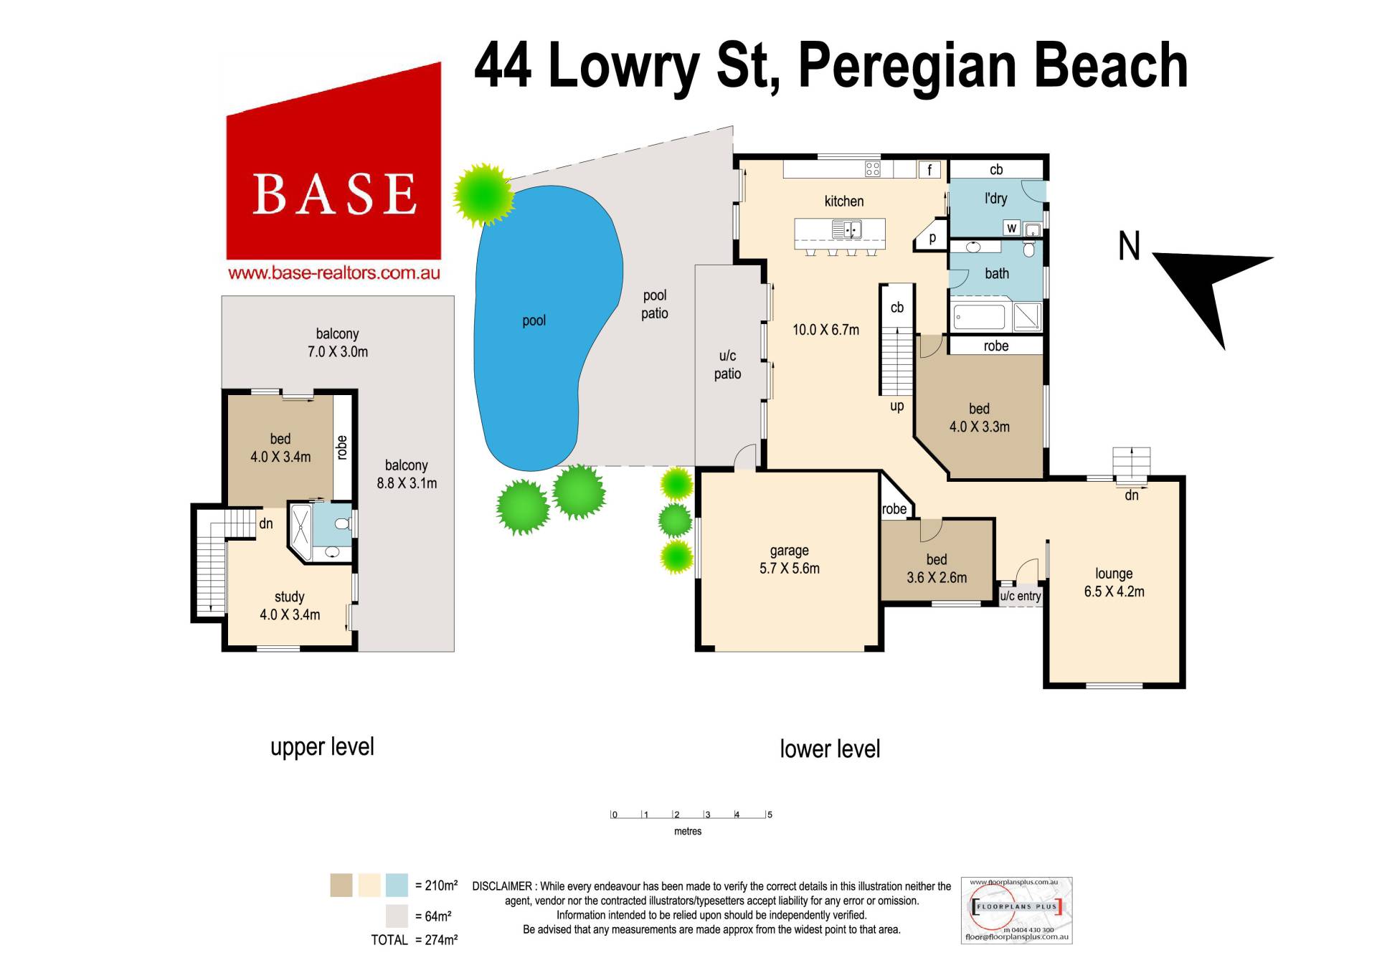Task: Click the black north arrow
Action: pos(1212,290)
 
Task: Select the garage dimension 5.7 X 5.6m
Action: pos(790,569)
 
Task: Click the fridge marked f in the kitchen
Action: pos(929,170)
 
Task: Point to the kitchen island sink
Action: pos(846,229)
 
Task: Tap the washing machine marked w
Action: pos(1012,228)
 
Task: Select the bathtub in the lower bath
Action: pos(980,317)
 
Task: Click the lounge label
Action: pos(1114,574)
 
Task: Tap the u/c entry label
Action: pos(1020,596)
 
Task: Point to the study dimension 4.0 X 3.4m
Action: pos(290,614)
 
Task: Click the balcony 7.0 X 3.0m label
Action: pos(337,343)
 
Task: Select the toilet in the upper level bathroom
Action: pos(343,523)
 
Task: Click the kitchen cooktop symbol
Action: pos(872,169)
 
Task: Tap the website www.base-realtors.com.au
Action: pos(333,273)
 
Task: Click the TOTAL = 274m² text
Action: pos(414,940)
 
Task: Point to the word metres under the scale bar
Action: pos(688,832)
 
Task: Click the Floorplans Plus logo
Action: pos(1016,910)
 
